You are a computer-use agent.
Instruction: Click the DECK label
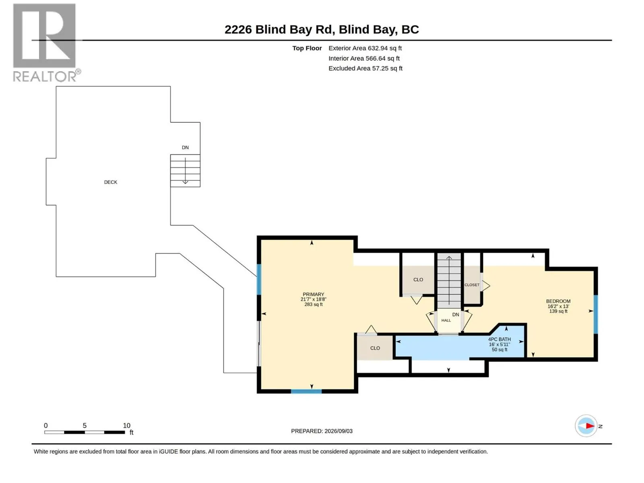110,182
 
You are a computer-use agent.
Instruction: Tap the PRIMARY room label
313,294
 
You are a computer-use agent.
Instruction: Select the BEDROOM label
558,301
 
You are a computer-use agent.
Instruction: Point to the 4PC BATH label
499,339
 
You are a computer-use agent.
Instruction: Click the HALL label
446,320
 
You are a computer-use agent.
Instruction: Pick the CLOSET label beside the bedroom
471,285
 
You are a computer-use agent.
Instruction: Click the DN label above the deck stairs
185,147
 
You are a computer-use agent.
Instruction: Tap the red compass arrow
590,426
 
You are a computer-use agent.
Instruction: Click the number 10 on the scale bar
126,425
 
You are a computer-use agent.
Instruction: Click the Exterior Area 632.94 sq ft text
365,48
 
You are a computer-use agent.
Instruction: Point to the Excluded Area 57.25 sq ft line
365,68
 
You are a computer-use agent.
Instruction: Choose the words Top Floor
307,48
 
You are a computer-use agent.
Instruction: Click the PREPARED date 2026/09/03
338,431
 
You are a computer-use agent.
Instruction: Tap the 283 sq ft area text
313,304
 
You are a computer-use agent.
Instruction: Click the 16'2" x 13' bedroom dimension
558,306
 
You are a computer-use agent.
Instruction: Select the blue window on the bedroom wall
595,314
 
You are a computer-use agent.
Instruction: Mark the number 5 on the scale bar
85,425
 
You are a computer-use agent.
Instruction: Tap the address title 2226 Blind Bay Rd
279,29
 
